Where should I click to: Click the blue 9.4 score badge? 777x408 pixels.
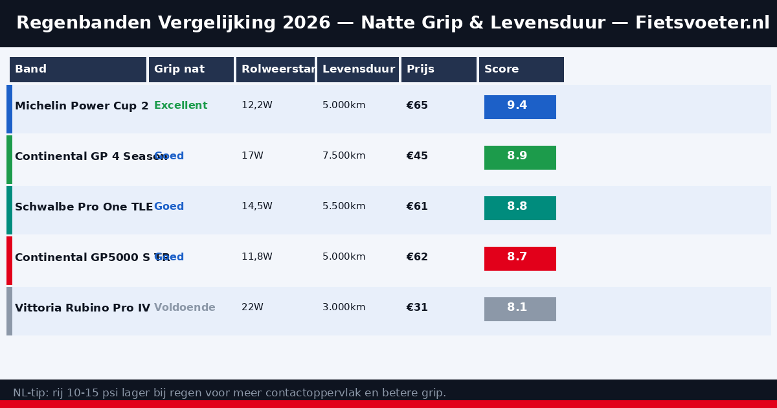pyautogui.click(x=520, y=107)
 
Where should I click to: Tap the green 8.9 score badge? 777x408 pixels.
pyautogui.click(x=520, y=157)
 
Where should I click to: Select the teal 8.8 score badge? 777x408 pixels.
pyautogui.click(x=520, y=208)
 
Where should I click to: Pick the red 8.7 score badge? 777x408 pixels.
pyautogui.click(x=520, y=258)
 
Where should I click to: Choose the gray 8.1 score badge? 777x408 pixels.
pyautogui.click(x=520, y=309)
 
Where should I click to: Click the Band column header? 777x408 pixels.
pyautogui.click(x=78, y=69)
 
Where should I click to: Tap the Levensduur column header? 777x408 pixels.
pyautogui.click(x=358, y=69)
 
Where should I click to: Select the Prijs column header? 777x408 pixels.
pyautogui.click(x=439, y=69)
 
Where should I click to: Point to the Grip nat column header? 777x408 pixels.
pyautogui.click(x=191, y=69)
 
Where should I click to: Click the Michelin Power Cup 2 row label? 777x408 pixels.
pyautogui.click(x=82, y=106)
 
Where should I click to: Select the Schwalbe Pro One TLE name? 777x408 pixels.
pyautogui.click(x=84, y=207)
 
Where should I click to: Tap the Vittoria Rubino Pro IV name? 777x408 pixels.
pyautogui.click(x=82, y=308)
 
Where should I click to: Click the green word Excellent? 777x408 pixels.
pyautogui.click(x=181, y=106)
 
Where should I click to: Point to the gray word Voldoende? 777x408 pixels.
pyautogui.click(x=185, y=308)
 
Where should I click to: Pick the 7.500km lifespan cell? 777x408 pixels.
pyautogui.click(x=344, y=156)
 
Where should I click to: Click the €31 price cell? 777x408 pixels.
pyautogui.click(x=417, y=308)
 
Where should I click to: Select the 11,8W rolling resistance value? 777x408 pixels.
pyautogui.click(x=257, y=257)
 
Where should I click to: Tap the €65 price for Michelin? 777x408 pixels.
pyautogui.click(x=417, y=106)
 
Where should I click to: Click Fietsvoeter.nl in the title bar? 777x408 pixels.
pyautogui.click(x=703, y=23)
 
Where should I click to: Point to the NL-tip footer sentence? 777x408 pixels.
pyautogui.click(x=229, y=393)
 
